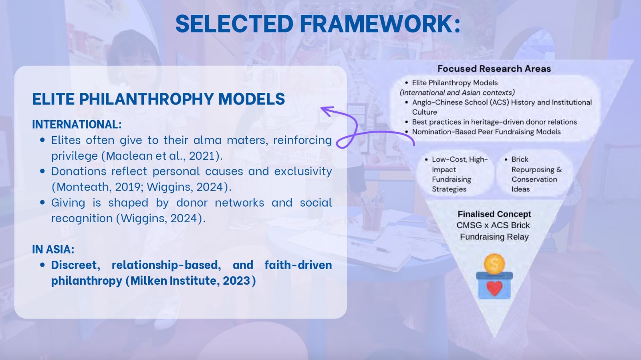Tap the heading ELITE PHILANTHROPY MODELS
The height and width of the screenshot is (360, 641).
pyautogui.click(x=159, y=99)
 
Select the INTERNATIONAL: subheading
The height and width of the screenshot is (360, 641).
pyautogui.click(x=77, y=125)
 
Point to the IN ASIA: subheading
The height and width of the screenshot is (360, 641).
pyautogui.click(x=53, y=249)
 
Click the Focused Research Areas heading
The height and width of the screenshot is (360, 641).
pyautogui.click(x=494, y=68)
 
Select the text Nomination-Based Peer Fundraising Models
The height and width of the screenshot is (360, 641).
pyautogui.click(x=486, y=132)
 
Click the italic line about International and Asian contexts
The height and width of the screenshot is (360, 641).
pyautogui.click(x=457, y=93)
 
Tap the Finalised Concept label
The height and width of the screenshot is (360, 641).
pyautogui.click(x=494, y=214)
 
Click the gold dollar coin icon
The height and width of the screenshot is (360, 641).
pyautogui.click(x=494, y=264)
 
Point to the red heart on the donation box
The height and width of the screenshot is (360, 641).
pyautogui.click(x=494, y=288)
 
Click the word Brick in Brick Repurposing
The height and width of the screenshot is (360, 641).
pyautogui.click(x=520, y=159)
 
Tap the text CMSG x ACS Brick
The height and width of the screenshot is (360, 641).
pyautogui.click(x=493, y=225)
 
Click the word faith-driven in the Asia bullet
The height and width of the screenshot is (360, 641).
pyautogui.click(x=298, y=265)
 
